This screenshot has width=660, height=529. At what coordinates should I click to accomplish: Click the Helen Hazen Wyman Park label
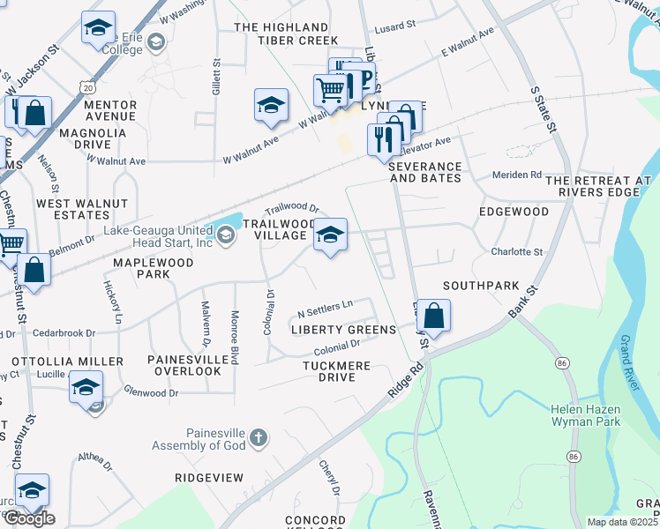tap(585, 415)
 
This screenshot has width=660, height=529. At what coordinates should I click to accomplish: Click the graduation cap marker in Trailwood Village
tap(330, 235)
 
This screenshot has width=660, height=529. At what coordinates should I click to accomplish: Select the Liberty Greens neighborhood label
tap(343, 330)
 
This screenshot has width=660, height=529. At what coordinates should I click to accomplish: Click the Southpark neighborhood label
tap(481, 286)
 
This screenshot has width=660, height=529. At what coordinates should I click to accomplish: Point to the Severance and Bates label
tap(424, 172)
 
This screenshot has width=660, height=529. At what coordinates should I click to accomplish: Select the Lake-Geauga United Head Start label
tap(158, 237)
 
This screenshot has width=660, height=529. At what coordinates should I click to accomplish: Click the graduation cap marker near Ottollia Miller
tap(86, 388)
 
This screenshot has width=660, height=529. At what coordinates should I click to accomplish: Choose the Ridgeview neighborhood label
tap(208, 477)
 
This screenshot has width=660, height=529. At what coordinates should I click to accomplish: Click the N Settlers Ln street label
tap(325, 309)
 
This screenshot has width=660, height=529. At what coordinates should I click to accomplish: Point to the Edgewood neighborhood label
tap(514, 212)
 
